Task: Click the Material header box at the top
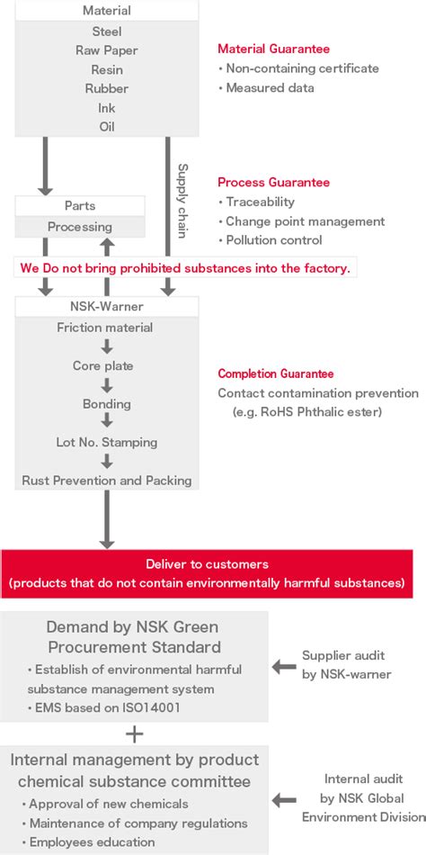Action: pos(106,11)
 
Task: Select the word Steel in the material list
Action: pos(106,32)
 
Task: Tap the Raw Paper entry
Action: pos(106,51)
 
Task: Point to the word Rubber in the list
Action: pos(106,89)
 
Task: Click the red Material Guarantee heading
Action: pos(273,49)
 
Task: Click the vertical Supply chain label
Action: pos(182,200)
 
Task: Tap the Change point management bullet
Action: pos(304,221)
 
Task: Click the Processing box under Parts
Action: pos(80,227)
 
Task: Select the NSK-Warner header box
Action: pos(106,305)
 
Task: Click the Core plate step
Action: pos(103,366)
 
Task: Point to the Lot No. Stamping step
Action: pos(106,442)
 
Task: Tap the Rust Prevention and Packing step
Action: pos(106,481)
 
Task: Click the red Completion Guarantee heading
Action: pos(276,373)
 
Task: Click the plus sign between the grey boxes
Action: pos(134,733)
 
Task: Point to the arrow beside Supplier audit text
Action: pos(283,667)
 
